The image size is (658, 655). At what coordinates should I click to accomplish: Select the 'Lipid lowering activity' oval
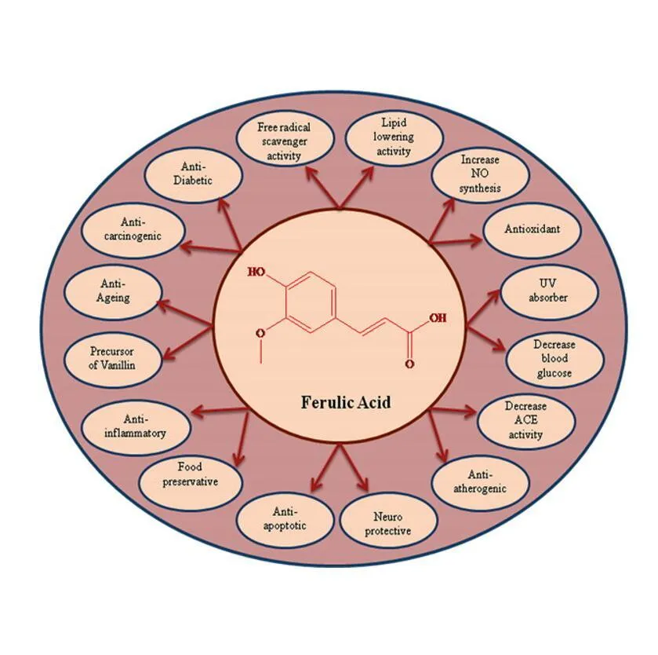(x=394, y=137)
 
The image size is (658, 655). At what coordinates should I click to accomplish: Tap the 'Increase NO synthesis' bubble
(x=480, y=174)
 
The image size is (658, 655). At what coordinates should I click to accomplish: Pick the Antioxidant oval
(x=532, y=229)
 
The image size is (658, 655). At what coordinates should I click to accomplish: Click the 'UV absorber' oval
(x=549, y=291)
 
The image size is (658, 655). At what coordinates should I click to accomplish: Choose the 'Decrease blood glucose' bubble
(x=554, y=359)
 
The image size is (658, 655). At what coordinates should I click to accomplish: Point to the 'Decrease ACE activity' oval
(x=526, y=421)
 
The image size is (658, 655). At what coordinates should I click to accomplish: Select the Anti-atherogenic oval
(x=480, y=482)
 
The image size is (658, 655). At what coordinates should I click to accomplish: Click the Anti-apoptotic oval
(x=285, y=519)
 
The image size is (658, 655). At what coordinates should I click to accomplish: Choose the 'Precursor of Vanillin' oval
(x=112, y=359)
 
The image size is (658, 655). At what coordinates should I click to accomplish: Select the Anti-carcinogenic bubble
(x=133, y=230)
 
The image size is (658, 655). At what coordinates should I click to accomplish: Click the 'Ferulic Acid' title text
(x=346, y=402)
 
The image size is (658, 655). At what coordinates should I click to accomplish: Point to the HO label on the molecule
(x=256, y=273)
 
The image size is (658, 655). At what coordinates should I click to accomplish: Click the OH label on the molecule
(x=438, y=317)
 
